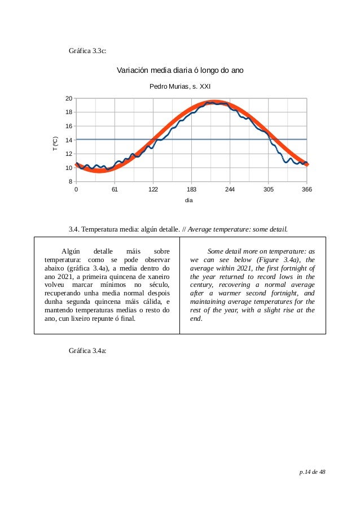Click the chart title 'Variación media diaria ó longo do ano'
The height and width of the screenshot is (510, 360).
pos(179,71)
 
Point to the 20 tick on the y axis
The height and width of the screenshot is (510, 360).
pos(68,98)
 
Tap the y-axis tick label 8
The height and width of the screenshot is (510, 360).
pos(69,182)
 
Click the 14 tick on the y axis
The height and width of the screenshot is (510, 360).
pos(68,140)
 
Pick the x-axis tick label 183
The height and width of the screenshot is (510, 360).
pos(191,190)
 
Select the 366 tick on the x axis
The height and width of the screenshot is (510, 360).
pos(306,190)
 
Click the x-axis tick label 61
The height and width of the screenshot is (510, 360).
pos(115,190)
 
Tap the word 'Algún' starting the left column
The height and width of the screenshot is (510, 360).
pos(71,250)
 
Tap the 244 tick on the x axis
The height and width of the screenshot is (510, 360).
pos(230,190)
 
